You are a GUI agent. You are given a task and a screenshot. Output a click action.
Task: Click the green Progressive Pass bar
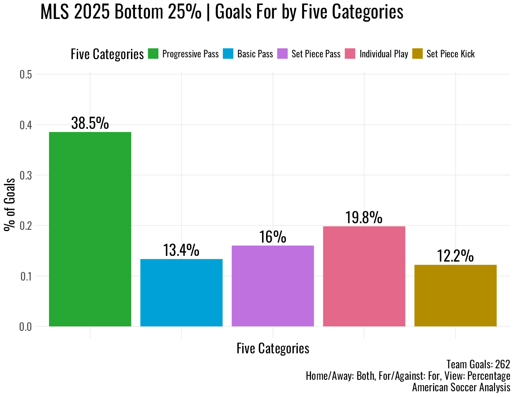coord(90,229)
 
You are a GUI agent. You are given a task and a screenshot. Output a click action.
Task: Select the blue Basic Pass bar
coord(181,293)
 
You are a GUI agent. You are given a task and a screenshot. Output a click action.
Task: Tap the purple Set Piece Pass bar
coord(273,286)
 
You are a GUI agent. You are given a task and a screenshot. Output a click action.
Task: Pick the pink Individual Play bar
coord(364,277)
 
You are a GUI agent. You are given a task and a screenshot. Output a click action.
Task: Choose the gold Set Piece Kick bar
coord(455,296)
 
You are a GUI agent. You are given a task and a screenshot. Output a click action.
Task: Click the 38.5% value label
coord(90,123)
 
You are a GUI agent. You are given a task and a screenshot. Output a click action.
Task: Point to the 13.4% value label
coord(181,250)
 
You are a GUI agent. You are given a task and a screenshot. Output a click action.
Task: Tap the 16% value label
coord(273,237)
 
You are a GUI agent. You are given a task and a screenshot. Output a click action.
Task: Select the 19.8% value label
coord(364,217)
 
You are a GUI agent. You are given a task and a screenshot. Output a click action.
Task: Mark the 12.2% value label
coord(455,256)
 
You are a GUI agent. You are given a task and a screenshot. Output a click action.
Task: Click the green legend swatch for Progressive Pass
coord(153,54)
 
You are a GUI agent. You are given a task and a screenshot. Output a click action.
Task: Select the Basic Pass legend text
coord(255,54)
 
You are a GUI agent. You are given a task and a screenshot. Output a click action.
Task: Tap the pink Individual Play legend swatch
coord(350,54)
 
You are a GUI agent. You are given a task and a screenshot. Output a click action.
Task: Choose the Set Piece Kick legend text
coord(450,54)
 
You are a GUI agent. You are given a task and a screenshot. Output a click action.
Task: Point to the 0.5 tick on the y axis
coord(26,75)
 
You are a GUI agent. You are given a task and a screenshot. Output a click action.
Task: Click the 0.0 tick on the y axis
coord(26,327)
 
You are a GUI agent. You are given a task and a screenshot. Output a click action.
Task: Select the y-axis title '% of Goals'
coord(9,205)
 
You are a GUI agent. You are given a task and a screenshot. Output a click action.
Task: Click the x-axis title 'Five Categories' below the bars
coord(273,348)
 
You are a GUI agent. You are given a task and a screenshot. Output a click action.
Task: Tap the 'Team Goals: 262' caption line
coord(478,364)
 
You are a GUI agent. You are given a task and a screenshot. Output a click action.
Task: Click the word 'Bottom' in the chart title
coord(140,12)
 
